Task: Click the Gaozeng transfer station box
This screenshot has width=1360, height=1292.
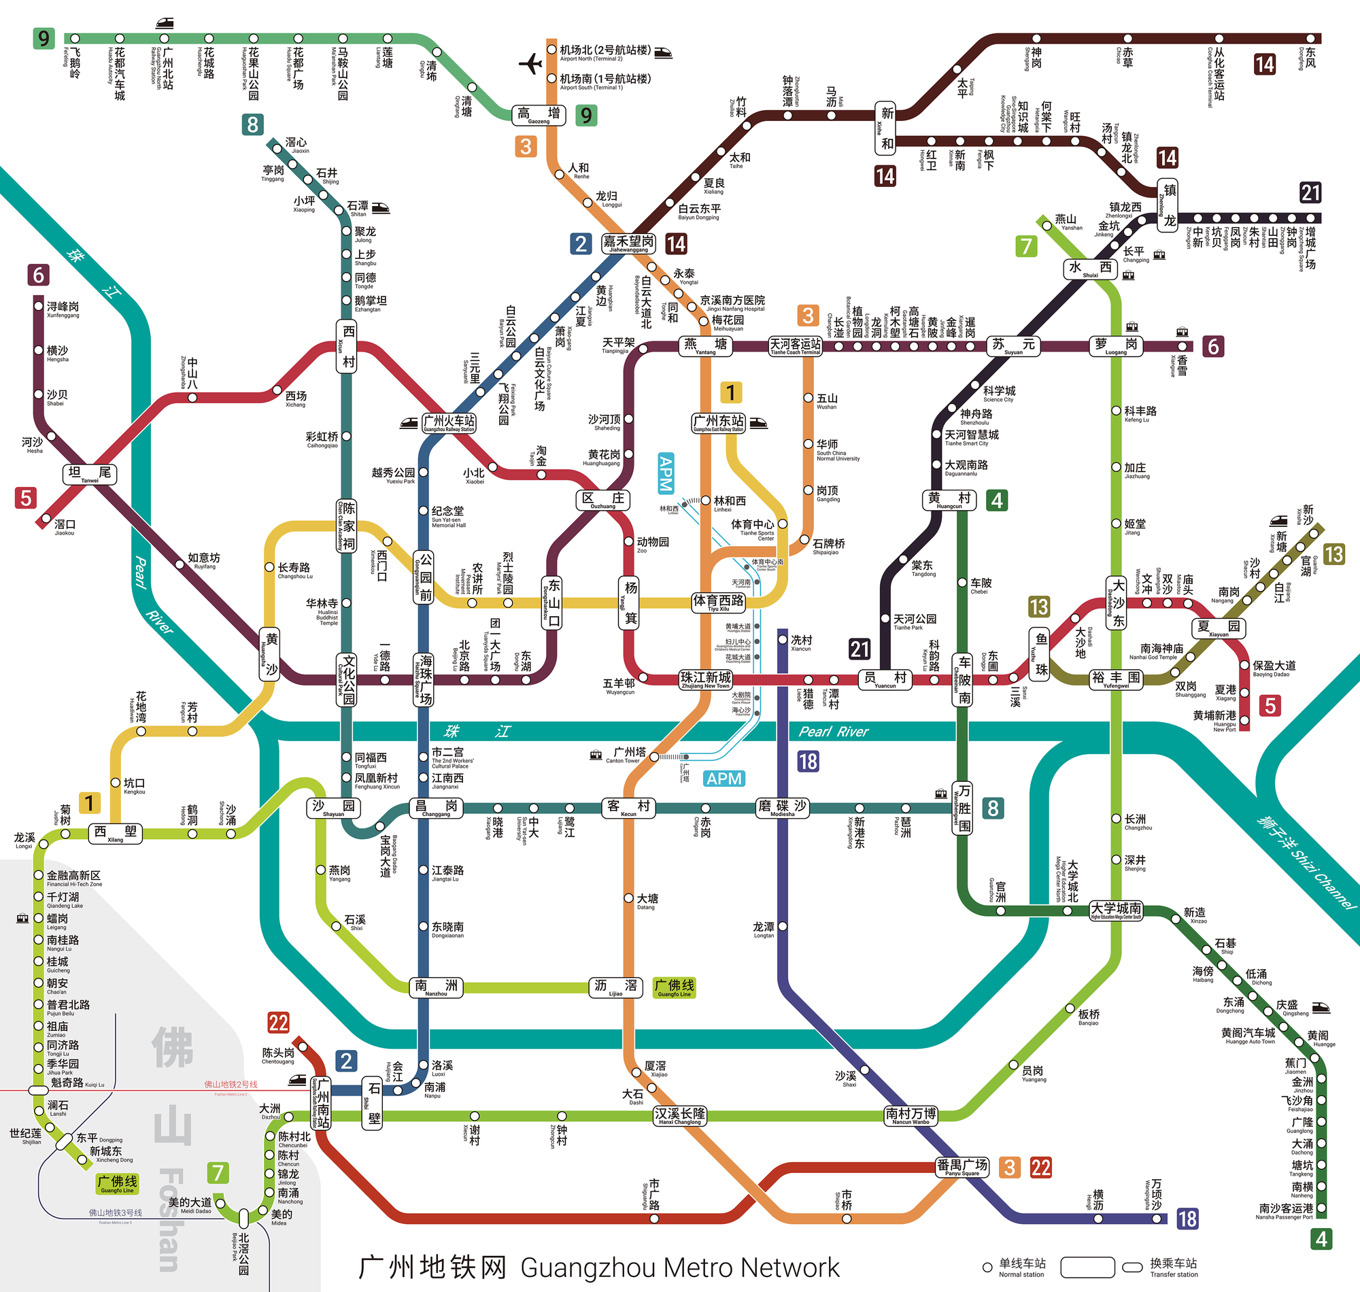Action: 539,115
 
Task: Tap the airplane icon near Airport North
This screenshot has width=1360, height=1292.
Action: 530,64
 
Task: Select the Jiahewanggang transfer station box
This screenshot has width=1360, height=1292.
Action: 628,243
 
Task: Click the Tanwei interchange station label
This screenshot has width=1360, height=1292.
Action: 90,474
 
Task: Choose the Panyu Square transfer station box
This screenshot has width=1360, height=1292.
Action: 962,1167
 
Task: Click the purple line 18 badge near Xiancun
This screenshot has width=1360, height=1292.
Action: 808,761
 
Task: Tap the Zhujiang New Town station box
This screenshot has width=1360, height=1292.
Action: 705,679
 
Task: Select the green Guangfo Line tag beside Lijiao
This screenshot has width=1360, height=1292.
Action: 674,987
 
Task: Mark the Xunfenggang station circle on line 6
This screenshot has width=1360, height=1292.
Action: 39,306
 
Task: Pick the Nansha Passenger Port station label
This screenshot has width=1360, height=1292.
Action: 1285,1210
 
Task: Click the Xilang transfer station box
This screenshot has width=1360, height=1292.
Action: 115,833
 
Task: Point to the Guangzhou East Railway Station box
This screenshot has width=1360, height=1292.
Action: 718,422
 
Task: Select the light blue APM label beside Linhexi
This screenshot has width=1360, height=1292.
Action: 665,473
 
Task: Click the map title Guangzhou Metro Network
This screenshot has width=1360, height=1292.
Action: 599,1267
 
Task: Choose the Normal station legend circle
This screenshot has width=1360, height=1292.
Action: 987,1267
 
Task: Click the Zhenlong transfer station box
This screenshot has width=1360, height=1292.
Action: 1167,205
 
